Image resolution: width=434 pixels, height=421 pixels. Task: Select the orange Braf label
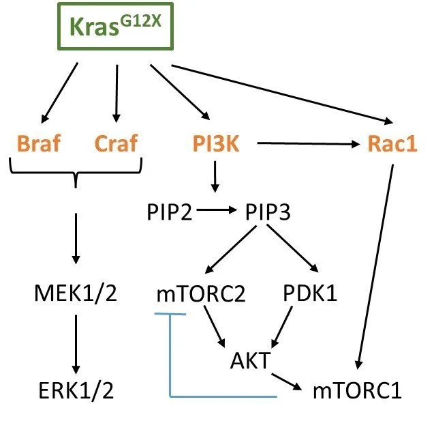[x=34, y=144]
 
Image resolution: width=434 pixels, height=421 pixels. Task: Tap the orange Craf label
[x=115, y=144]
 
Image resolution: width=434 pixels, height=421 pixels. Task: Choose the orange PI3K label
[x=215, y=144]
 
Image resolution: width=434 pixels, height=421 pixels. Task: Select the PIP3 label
[x=266, y=212]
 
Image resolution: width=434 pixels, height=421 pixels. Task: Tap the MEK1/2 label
[x=76, y=294]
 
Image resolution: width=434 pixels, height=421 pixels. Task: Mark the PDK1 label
[x=309, y=294]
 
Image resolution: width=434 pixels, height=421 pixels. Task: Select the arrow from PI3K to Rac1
[x=303, y=144]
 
